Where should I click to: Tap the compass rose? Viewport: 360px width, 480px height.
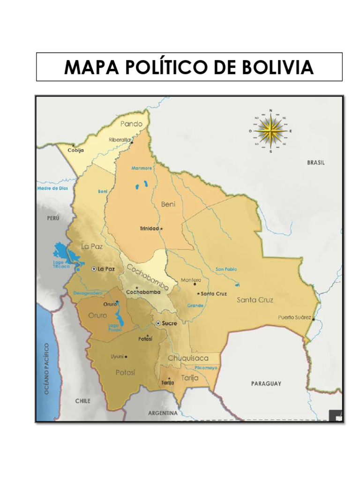[270, 131]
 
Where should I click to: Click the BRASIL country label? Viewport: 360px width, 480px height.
[315, 163]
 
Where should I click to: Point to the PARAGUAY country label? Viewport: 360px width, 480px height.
[266, 383]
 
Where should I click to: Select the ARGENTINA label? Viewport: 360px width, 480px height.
[163, 413]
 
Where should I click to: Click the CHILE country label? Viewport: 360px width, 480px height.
[82, 401]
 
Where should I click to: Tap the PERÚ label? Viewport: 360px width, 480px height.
[53, 218]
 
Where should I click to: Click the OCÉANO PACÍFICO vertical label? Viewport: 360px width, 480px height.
[47, 368]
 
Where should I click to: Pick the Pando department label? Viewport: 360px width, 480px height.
[131, 124]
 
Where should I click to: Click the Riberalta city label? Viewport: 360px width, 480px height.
[120, 140]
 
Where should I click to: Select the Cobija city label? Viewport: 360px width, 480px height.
[75, 150]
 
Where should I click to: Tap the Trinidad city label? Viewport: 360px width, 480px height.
[150, 229]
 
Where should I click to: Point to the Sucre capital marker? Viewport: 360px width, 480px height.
[158, 323]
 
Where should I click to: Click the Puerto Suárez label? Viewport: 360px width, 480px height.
[294, 317]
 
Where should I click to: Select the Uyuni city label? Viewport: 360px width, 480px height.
[117, 357]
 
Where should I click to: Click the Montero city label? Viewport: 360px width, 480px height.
[191, 280]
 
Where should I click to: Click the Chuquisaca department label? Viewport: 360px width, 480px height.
[188, 359]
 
